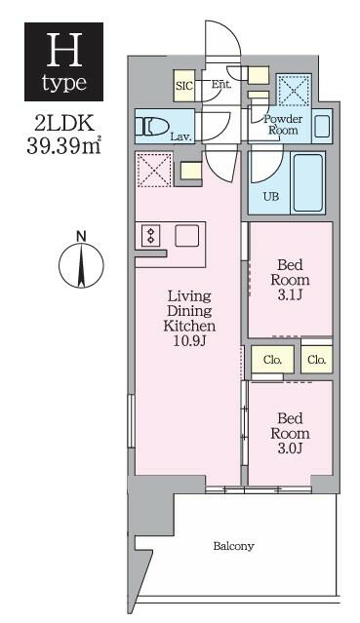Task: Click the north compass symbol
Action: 82,264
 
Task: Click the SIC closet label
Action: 183,86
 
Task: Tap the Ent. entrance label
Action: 221,85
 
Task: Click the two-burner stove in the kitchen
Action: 151,236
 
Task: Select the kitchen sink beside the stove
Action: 186,235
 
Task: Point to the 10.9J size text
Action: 189,341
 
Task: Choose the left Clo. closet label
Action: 272,360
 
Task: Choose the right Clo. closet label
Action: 315,360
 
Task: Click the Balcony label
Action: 234,546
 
